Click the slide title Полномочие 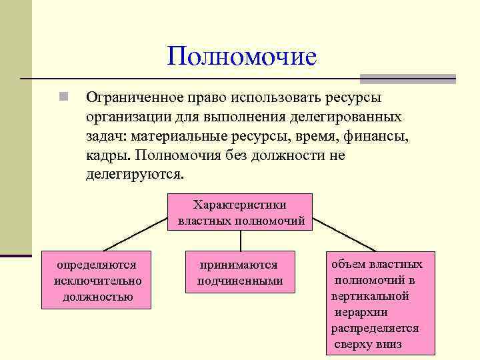[241, 56]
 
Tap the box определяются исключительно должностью [97, 280]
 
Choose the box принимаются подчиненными [239, 273]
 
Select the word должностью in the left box [97, 296]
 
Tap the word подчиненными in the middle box [239, 281]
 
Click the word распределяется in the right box [375, 328]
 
